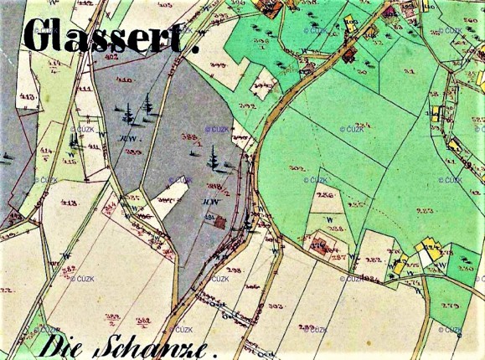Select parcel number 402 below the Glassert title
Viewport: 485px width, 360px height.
111,57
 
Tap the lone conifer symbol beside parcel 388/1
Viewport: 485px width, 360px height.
214,156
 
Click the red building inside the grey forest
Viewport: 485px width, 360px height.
219,221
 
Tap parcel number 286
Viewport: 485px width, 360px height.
324,194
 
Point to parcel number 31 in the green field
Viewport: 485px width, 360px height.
411,74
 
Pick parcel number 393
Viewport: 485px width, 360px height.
246,106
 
